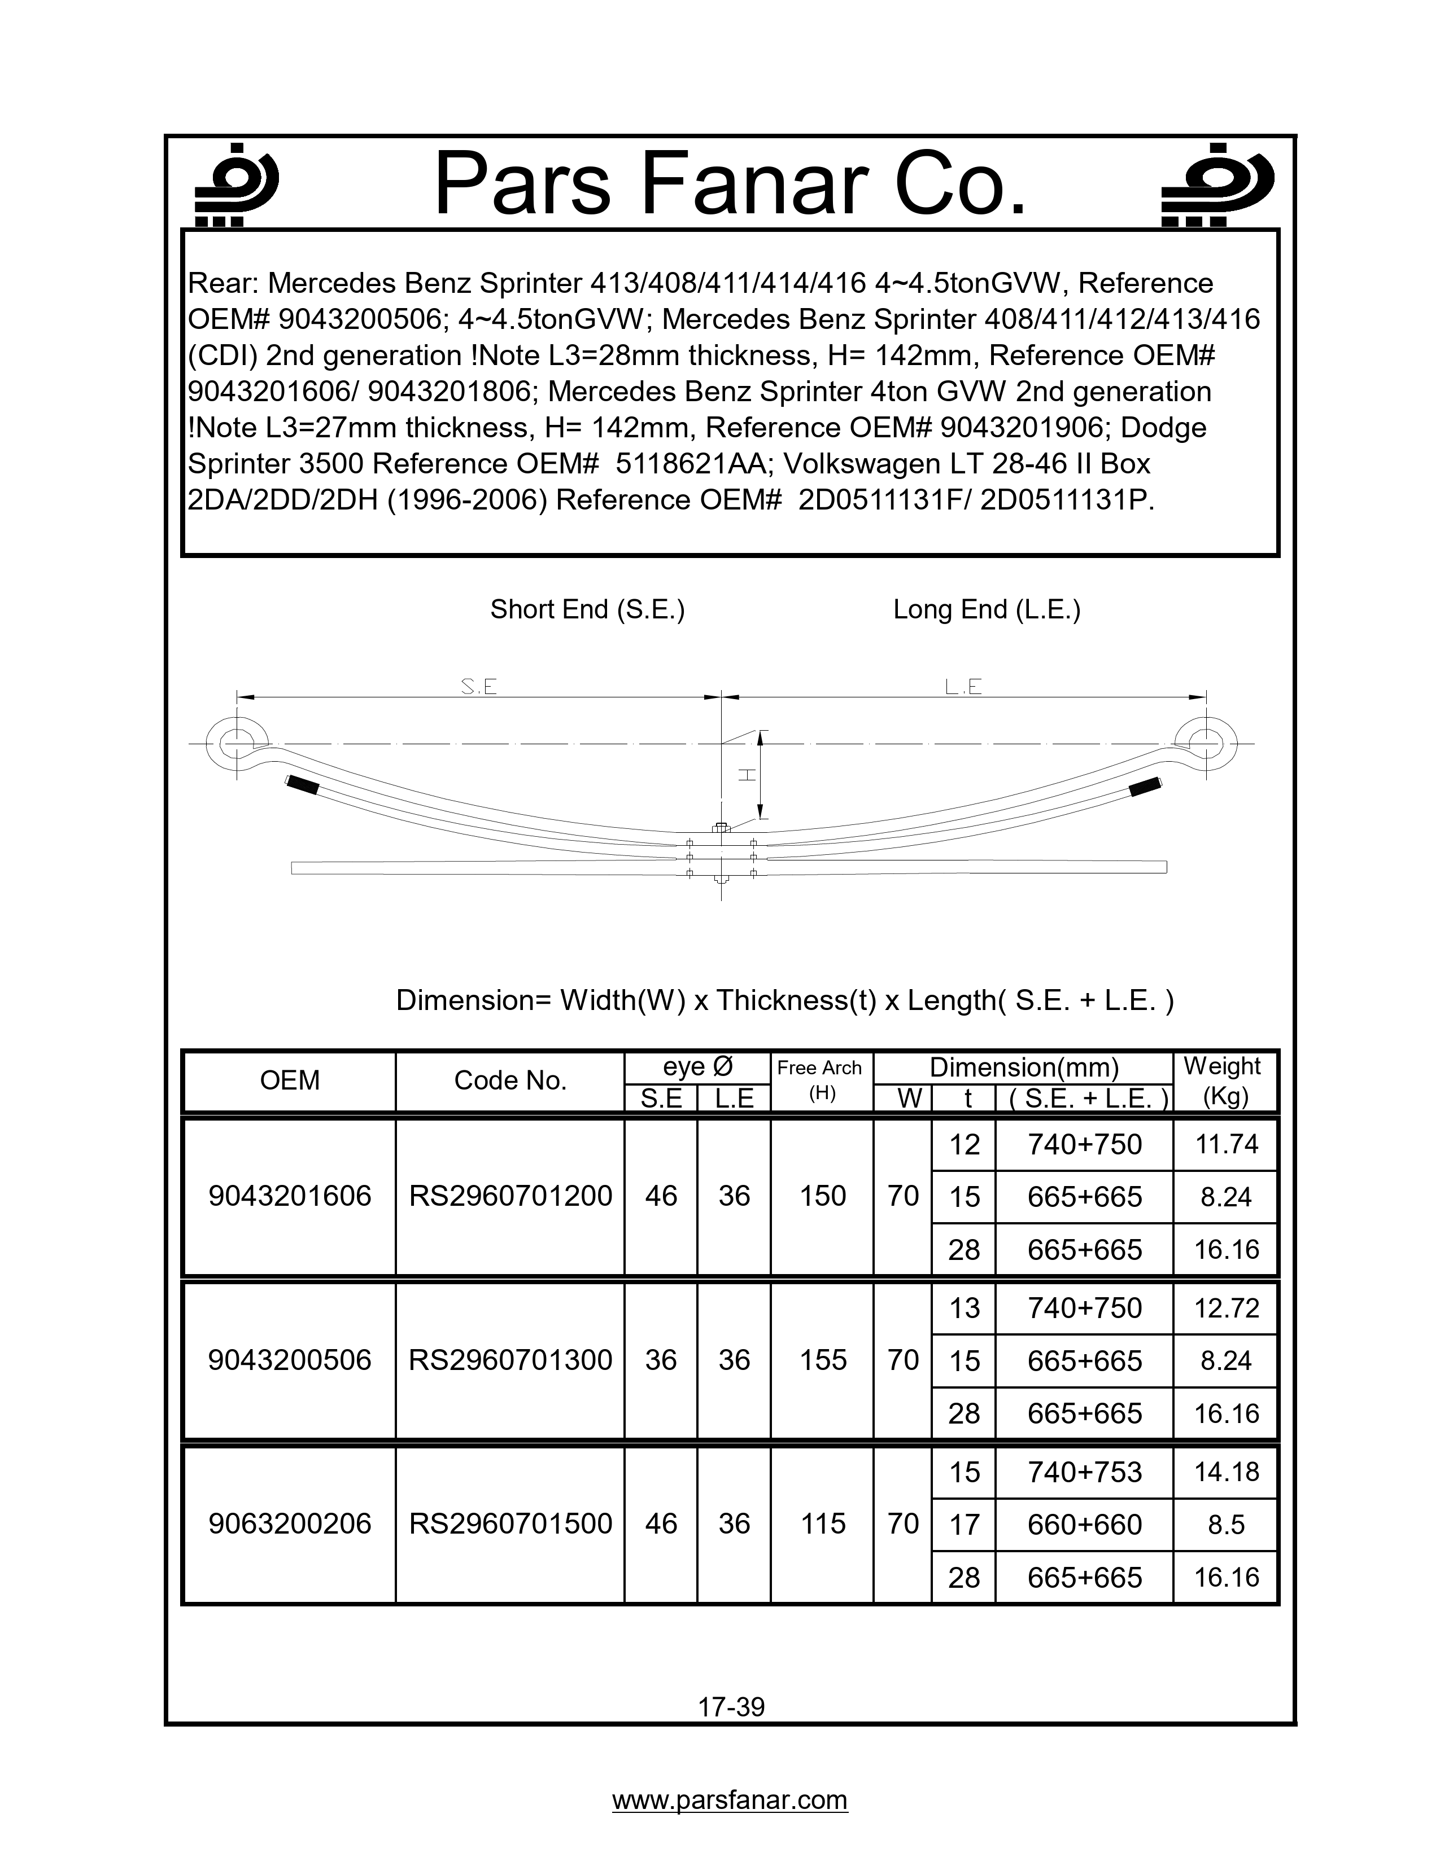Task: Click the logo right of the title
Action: [1218, 183]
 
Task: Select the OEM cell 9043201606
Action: [290, 1196]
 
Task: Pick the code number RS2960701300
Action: [510, 1360]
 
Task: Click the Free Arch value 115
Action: [822, 1523]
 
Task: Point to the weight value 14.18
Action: [1226, 1472]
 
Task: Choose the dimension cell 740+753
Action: [1084, 1472]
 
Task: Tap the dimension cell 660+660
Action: [1084, 1525]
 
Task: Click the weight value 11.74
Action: [1226, 1144]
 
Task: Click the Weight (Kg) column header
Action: [1225, 1080]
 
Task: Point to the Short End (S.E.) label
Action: [587, 609]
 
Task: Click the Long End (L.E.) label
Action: [986, 609]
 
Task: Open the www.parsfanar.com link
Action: [730, 1800]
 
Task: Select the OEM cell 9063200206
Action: [290, 1523]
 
